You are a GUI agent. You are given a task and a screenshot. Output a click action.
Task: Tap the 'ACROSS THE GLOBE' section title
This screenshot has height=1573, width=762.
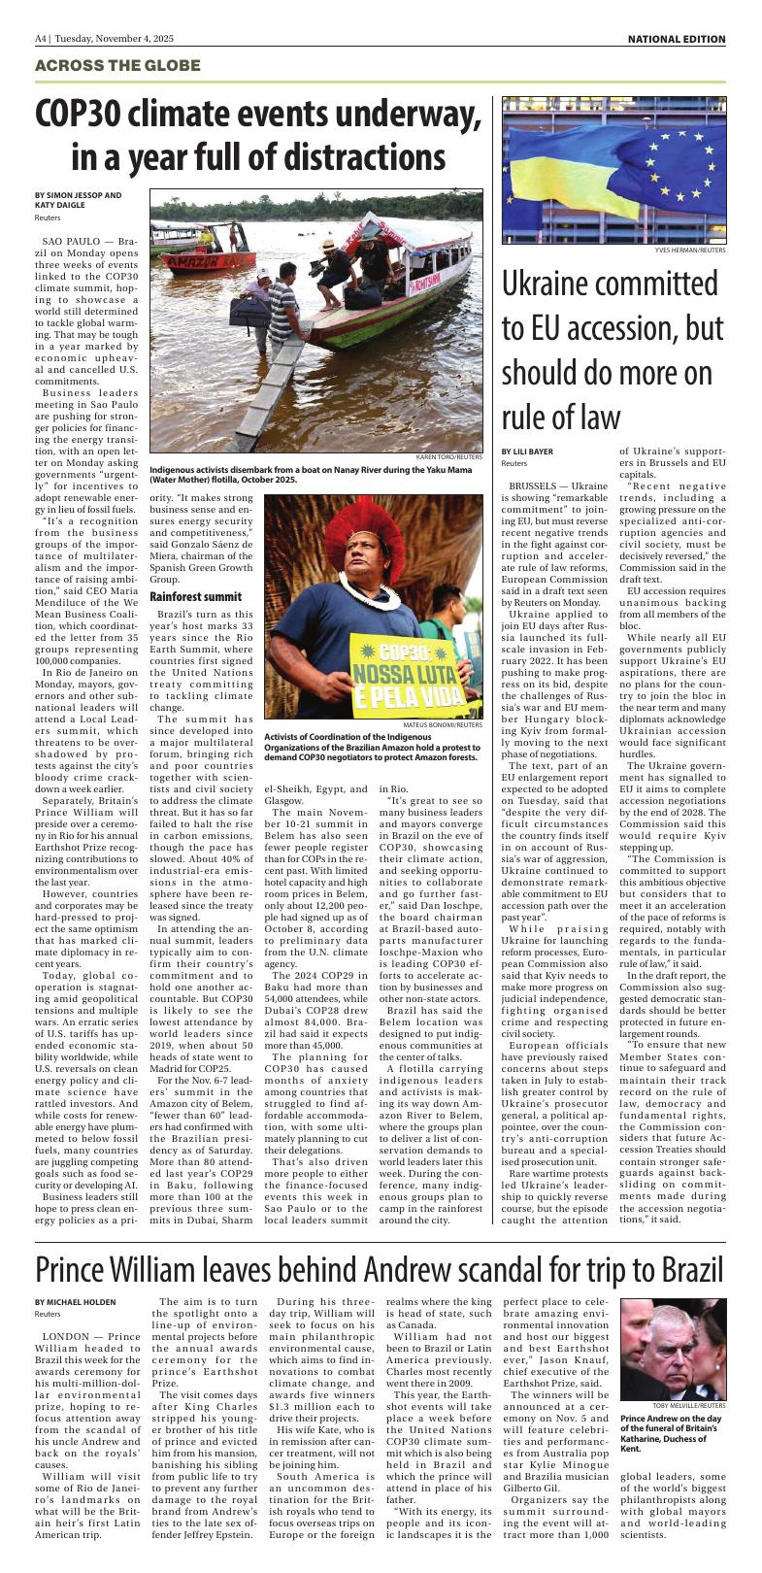click(117, 66)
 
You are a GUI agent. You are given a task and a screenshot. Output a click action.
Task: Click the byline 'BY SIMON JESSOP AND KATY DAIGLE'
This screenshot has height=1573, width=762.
click(78, 200)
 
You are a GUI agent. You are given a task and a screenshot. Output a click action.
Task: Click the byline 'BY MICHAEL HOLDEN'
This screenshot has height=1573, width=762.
click(75, 1302)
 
